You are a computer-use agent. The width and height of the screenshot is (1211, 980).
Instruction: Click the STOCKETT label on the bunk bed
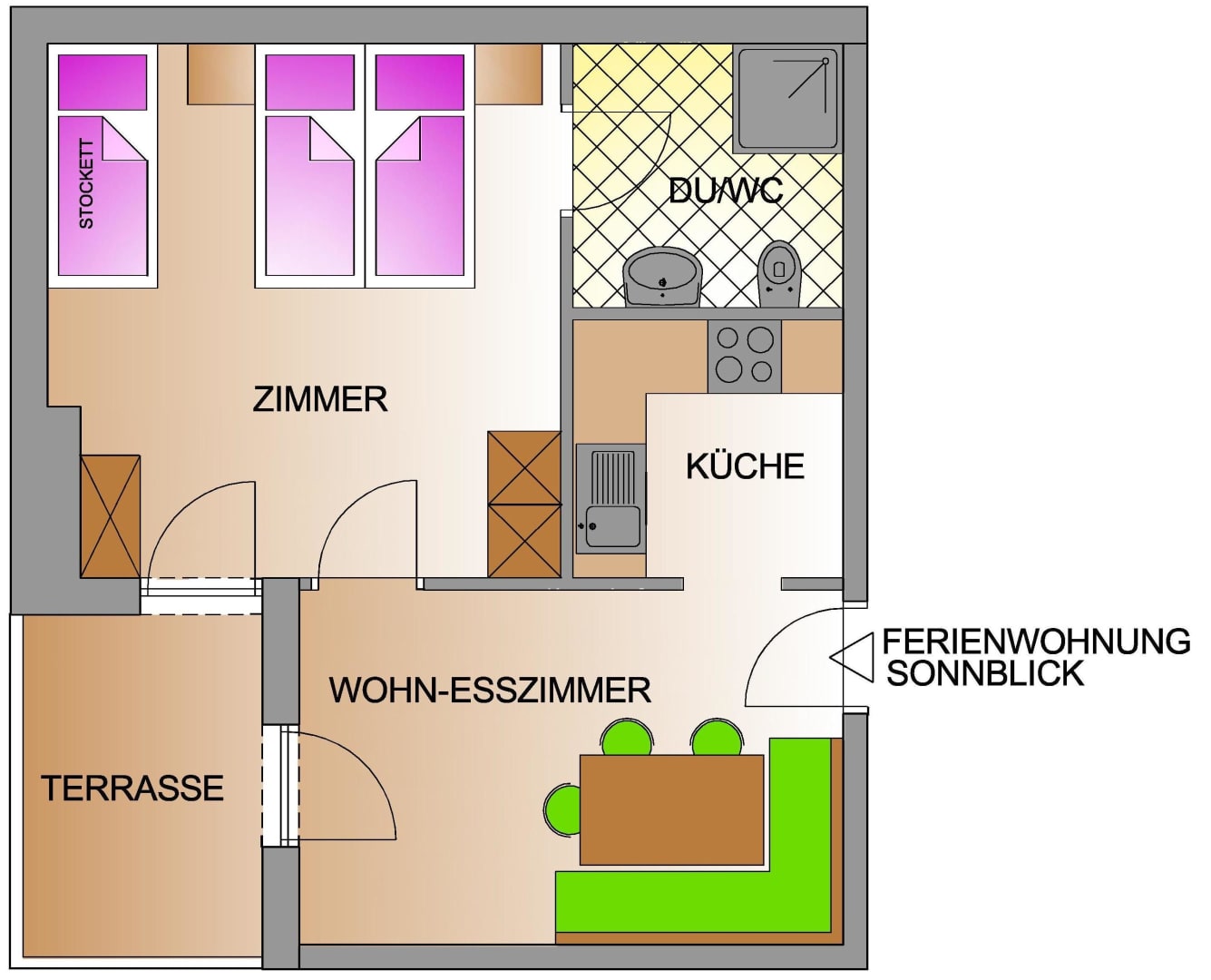point(86,183)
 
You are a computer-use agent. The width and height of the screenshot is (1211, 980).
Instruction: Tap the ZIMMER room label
point(319,399)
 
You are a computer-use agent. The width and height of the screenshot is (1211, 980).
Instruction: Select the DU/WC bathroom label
point(726,191)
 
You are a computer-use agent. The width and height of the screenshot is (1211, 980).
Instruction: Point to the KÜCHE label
point(745,466)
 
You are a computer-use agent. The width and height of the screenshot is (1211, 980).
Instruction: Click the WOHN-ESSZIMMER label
point(490,690)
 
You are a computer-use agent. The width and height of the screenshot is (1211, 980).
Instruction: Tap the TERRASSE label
point(132,789)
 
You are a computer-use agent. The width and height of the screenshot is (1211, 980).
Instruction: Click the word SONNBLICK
point(985,673)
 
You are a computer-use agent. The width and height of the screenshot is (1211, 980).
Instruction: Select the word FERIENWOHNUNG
point(1036,642)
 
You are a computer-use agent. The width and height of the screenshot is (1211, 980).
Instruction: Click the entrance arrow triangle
point(851,657)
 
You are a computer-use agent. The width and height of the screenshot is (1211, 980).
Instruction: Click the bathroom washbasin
point(662,278)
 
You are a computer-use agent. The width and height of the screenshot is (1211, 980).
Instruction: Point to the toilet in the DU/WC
point(779,275)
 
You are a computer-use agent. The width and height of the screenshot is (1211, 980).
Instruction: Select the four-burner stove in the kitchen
point(744,356)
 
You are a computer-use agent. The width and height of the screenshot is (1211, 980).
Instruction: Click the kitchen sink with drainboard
point(611,499)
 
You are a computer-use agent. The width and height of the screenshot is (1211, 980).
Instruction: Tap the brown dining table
point(671,810)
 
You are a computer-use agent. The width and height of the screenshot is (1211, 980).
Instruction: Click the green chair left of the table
point(562,809)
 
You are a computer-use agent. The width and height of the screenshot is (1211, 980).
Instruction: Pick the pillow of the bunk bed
point(103,82)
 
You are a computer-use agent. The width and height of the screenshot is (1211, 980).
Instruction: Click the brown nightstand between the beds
point(220,74)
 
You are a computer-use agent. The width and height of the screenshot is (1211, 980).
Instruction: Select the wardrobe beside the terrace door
point(111,516)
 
